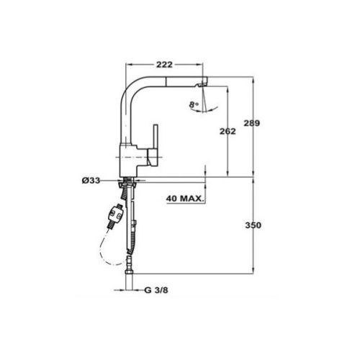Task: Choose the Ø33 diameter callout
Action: pyautogui.click(x=91, y=180)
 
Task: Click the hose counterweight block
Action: pyautogui.click(x=116, y=216)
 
